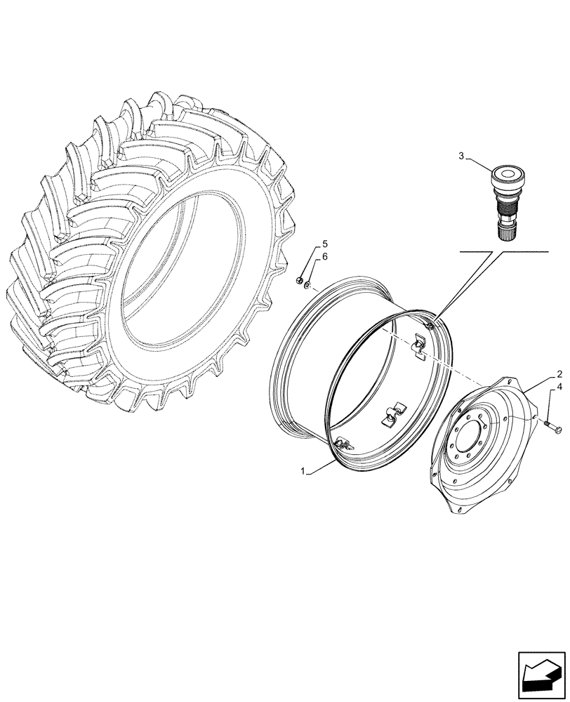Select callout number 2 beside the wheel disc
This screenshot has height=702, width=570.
(559, 374)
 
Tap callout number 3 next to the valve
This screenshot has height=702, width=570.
(461, 156)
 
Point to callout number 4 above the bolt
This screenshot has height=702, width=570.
(559, 387)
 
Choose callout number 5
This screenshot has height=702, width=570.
(324, 244)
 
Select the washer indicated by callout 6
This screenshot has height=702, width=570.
(307, 284)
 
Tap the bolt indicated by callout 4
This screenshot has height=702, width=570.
(551, 423)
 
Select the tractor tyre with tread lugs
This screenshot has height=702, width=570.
(147, 253)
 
